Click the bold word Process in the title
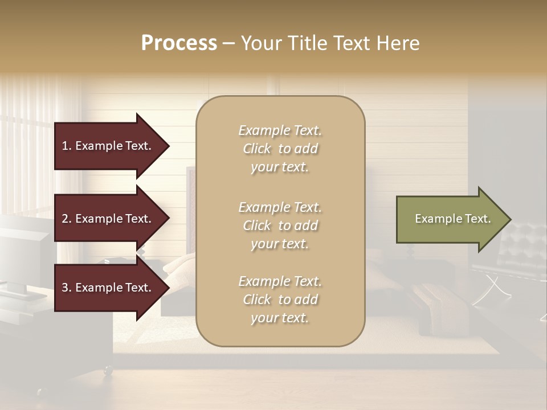coord(179,43)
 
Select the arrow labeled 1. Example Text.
coord(108,146)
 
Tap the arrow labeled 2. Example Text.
coord(108,219)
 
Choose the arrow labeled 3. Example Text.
coord(108,288)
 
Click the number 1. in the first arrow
coord(67,146)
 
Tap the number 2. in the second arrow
coord(67,219)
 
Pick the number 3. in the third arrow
coord(67,288)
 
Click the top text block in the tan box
coord(280,149)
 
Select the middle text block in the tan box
coord(280,225)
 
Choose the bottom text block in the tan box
coord(280,300)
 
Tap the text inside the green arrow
coord(452,219)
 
